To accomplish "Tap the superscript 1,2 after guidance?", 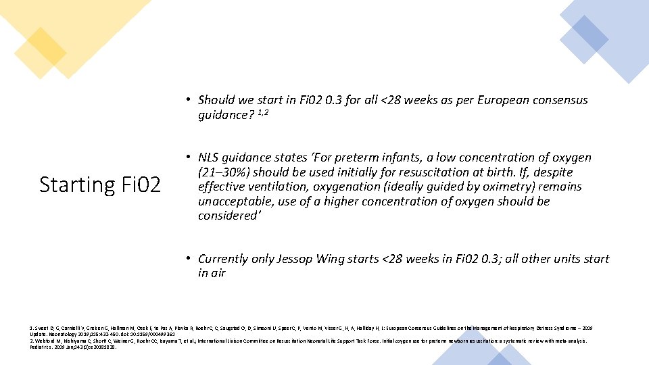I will pos(261,112).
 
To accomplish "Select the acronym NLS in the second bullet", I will pos(212,157).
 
